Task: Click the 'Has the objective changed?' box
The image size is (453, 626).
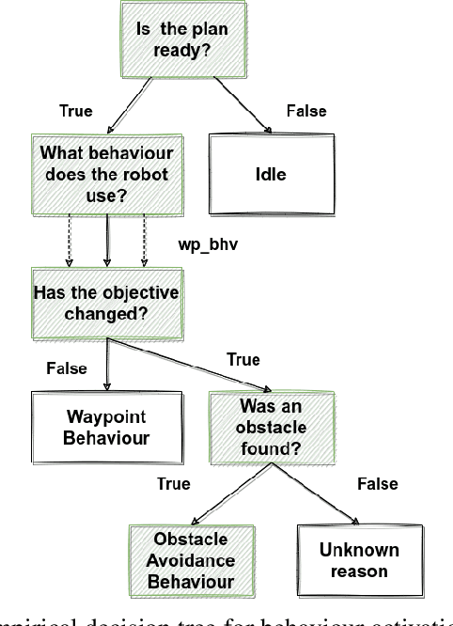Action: (x=105, y=302)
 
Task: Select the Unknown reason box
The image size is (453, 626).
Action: (x=347, y=559)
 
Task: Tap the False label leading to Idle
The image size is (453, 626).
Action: (x=305, y=112)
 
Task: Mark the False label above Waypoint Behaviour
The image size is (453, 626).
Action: (x=66, y=368)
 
